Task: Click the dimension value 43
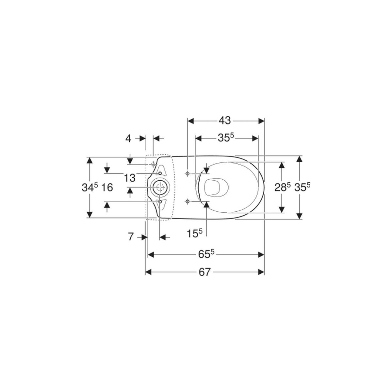pyautogui.click(x=224, y=121)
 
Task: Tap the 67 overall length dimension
pyautogui.click(x=204, y=272)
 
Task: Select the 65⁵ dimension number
pyautogui.click(x=206, y=254)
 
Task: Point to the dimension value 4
pyautogui.click(x=128, y=139)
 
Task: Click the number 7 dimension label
pyautogui.click(x=131, y=237)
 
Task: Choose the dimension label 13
pyautogui.click(x=130, y=178)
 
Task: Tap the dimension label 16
pyautogui.click(x=107, y=187)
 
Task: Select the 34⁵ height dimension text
pyautogui.click(x=90, y=187)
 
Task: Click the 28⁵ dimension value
pyautogui.click(x=283, y=187)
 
